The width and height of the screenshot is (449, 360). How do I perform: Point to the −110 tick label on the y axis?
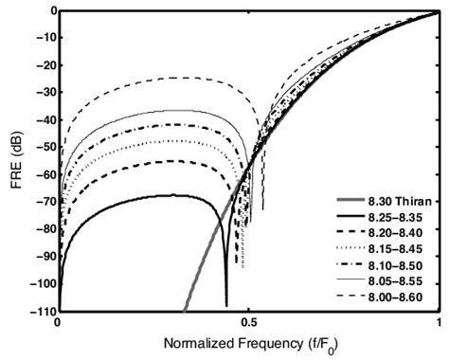coord(40,310)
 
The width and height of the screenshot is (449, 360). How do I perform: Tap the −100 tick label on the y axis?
coord(40,282)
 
